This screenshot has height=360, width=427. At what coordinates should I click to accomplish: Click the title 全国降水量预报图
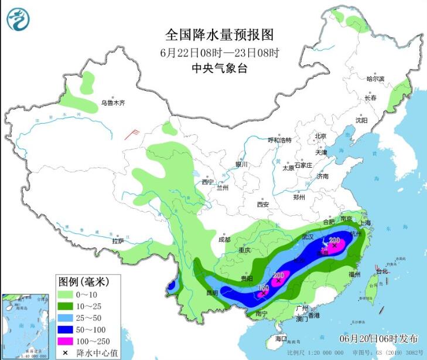pos(220,35)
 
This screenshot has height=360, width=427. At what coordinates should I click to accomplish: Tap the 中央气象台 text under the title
pos(220,68)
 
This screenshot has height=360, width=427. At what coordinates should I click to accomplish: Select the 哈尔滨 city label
pos(375,79)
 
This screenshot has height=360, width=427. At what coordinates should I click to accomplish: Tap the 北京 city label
pos(320,136)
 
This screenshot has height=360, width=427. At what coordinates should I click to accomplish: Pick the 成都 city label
pos(224,240)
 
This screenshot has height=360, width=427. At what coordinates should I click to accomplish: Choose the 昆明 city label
pos(211,292)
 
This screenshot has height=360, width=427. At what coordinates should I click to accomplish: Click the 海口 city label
pos(282,339)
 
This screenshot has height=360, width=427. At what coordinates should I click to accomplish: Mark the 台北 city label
pos(381,271)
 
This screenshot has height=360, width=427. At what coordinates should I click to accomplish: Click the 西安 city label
pos(262,205)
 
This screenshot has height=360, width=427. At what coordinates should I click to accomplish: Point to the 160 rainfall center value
pos(264,288)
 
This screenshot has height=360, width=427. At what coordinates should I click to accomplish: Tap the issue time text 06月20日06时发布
pos(379,339)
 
